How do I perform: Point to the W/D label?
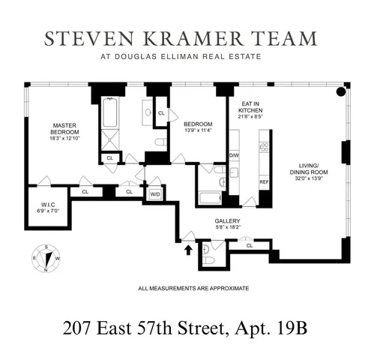coord(155,193)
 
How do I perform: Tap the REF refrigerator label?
coord(264,181)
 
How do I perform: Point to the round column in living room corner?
coord(340,92)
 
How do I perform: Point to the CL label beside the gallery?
coord(250,245)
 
